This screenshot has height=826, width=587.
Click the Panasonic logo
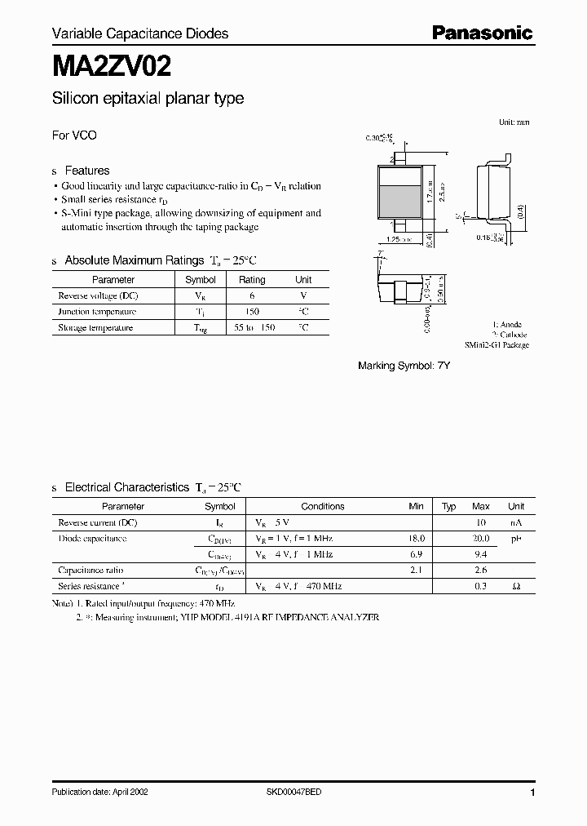click(x=481, y=33)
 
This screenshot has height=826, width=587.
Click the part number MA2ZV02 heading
click(x=112, y=64)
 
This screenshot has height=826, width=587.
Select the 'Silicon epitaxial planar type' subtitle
click(x=148, y=99)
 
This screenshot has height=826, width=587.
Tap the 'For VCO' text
click(x=74, y=135)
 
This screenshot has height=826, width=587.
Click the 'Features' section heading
click(x=86, y=171)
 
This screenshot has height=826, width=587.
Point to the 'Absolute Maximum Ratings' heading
click(x=134, y=260)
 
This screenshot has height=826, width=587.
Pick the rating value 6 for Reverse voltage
click(x=252, y=295)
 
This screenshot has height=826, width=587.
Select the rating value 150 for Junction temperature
click(x=252, y=312)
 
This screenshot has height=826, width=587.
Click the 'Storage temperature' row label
click(x=95, y=327)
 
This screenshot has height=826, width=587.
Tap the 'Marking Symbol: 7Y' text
click(x=404, y=366)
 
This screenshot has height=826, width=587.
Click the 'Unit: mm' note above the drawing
click(x=514, y=122)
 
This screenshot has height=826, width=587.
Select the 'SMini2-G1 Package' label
click(x=497, y=345)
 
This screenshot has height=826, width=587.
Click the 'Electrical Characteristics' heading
click(x=126, y=487)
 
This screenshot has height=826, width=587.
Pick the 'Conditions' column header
click(x=323, y=506)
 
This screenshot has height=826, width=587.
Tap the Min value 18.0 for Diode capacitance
click(x=416, y=539)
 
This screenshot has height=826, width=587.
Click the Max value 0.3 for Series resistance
click(x=481, y=586)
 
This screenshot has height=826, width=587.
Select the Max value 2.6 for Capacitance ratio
click(x=481, y=571)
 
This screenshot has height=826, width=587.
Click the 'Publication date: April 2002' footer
click(x=99, y=793)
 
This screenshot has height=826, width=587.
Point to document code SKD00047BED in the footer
click(x=293, y=793)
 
